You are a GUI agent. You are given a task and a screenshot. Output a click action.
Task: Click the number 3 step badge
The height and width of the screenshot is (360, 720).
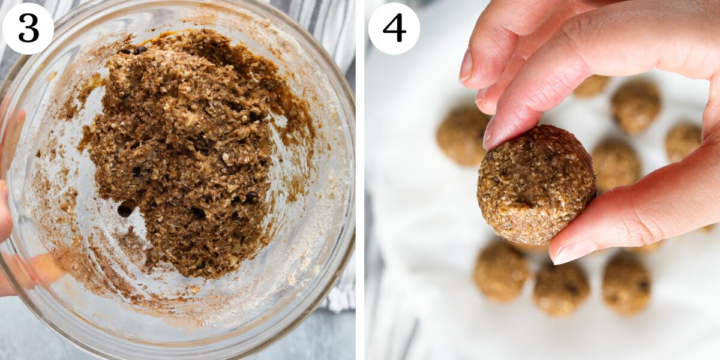coord(28,28)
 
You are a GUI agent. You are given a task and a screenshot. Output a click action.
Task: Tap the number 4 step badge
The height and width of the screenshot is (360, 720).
coord(394,28)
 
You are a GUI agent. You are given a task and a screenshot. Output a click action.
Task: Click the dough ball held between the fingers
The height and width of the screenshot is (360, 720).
coord(535,184)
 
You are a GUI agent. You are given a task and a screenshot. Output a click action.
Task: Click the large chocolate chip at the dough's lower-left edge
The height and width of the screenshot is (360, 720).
coord(125,210)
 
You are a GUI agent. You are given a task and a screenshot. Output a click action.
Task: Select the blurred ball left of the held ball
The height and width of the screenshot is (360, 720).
coord(461,135)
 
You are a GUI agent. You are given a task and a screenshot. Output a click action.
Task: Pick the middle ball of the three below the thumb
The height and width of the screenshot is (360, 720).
coord(561,288)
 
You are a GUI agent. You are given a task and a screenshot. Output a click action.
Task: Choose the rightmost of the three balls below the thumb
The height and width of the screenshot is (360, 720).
coord(626,283)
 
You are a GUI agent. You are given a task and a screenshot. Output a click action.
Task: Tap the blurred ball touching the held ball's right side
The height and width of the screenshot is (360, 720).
coord(615,164)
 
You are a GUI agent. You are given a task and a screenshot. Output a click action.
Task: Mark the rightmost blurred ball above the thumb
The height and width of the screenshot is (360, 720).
coord(683,141)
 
